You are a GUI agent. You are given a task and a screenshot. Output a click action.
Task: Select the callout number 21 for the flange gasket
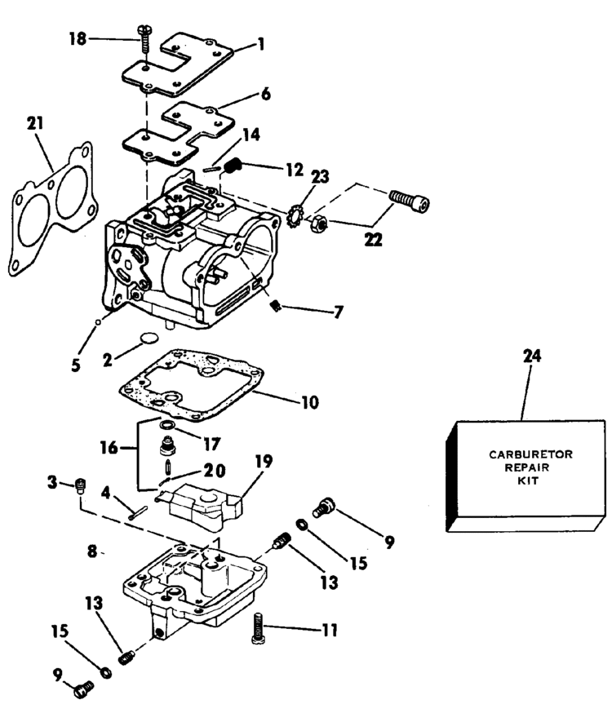36,126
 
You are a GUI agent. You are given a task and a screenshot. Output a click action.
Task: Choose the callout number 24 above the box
530,356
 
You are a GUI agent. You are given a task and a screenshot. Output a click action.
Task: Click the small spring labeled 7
275,306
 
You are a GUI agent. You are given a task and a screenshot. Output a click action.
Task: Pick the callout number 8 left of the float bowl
92,551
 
